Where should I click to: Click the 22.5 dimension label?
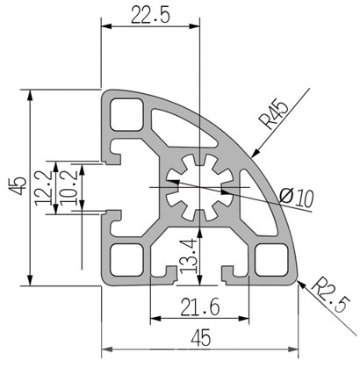tap(150, 15)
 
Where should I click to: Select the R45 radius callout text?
tap(274, 115)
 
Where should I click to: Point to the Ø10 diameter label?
tap(296, 198)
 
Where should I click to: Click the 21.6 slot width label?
tap(200, 307)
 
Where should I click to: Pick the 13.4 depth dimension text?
tap(188, 256)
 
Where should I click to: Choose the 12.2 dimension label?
tap(43, 188)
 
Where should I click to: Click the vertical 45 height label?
tap(18, 186)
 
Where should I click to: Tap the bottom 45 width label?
tap(200, 338)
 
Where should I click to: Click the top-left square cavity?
tap(126, 114)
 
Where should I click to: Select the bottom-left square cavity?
tap(126, 260)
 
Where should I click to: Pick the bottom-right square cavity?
tap(271, 260)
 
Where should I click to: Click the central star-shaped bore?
tap(200, 187)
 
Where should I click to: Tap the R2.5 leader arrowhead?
tap(302, 285)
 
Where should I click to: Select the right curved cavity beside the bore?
tap(257, 202)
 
